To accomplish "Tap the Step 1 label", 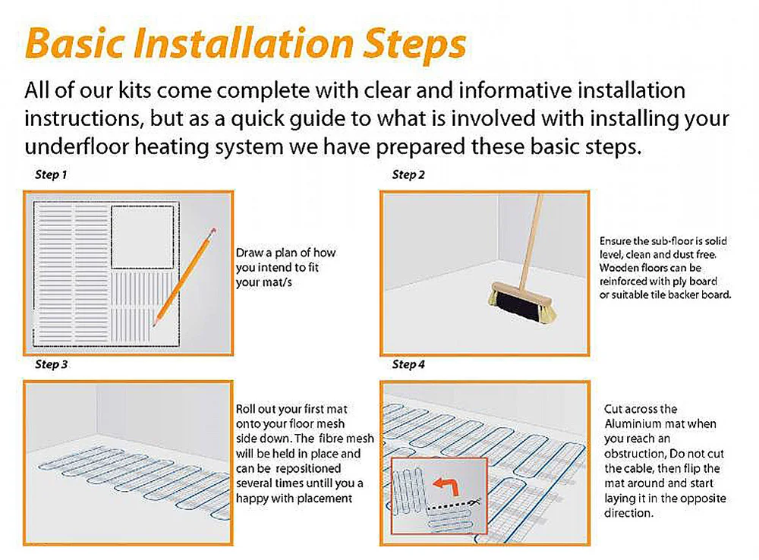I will pos(52,175).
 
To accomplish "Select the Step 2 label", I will pos(408,175).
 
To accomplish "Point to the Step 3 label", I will pos(52,364).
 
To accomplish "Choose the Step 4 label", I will pos(408,364).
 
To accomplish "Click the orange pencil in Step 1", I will pos(184,276).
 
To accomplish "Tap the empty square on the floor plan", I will pos(143,237).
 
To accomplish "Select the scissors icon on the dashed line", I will pos(475,502).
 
